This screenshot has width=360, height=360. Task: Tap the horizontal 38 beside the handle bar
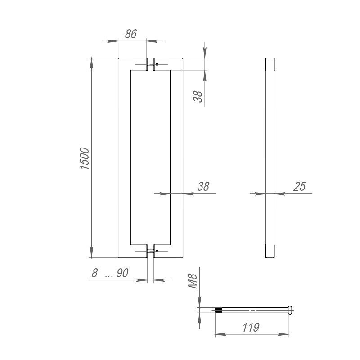pyautogui.click(x=203, y=187)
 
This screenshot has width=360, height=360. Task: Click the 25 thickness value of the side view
pyautogui.click(x=300, y=187)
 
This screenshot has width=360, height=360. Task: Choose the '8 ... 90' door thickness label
pyautogui.click(x=110, y=273)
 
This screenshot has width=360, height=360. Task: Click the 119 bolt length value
pyautogui.click(x=250, y=328)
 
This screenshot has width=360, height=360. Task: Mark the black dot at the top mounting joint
pyautogui.click(x=157, y=65)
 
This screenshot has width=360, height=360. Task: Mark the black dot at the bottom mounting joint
pyautogui.click(x=157, y=251)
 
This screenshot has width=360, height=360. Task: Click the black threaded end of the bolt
pyautogui.click(x=219, y=310)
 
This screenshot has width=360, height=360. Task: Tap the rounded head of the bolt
pyautogui.click(x=290, y=310)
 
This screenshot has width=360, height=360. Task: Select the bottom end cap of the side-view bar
pyautogui.click(x=270, y=252)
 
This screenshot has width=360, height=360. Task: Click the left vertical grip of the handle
pyautogui.click(x=124, y=157)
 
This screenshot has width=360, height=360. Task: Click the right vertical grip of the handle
pyautogui.click(x=176, y=157)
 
